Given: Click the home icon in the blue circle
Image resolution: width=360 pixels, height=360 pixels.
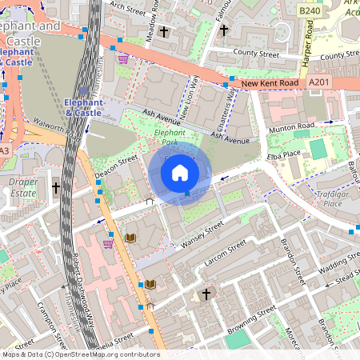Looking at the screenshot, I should [180, 172].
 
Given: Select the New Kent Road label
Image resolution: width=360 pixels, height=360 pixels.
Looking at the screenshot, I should [270, 83].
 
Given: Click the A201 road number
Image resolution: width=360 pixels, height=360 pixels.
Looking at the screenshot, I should [318, 82].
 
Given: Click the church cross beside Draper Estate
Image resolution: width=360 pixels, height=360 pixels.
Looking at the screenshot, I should [56, 187].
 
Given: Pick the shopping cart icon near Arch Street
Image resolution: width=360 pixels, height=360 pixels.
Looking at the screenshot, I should [122, 59].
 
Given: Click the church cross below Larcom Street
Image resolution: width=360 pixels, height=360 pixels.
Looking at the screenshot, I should [206, 294].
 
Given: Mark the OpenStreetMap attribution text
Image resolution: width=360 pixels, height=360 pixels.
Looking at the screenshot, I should [81, 354].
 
